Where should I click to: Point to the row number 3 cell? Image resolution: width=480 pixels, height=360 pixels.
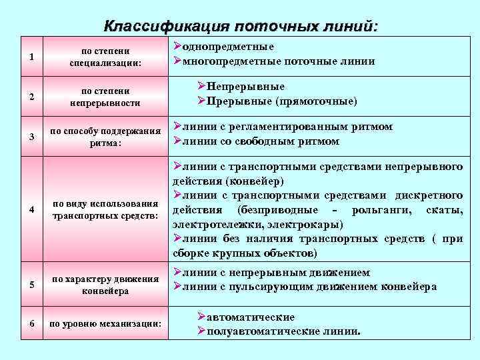pos(31,137)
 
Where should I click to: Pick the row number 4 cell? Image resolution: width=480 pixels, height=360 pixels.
pos(31,209)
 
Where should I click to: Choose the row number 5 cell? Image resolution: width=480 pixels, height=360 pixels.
pos(31,285)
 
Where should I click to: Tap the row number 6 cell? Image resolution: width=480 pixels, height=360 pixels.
pos(31,324)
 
